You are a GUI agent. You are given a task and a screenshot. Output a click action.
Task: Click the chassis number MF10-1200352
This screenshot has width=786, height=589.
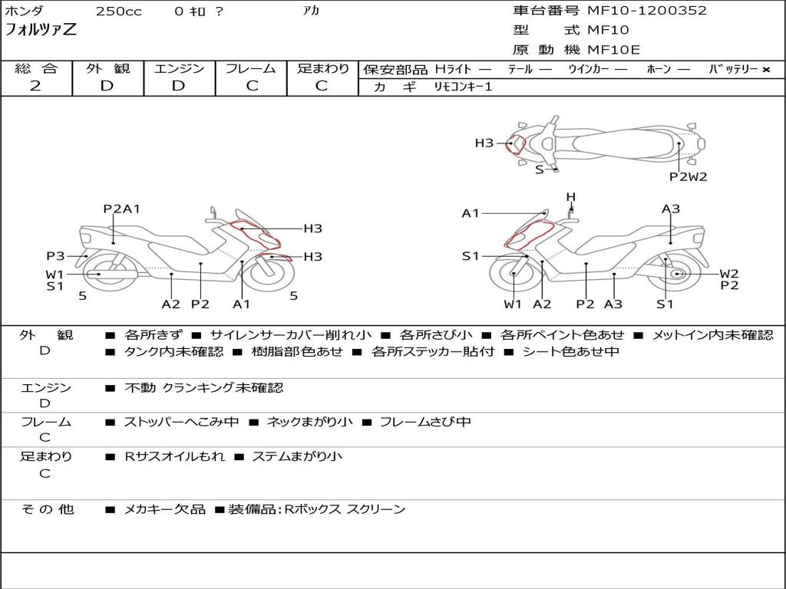[647, 11]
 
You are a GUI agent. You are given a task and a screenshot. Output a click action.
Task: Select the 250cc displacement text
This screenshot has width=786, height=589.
[118, 12]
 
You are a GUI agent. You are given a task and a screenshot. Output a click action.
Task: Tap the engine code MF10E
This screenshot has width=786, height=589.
[613, 50]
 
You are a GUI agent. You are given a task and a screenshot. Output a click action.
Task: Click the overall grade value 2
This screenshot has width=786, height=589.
[35, 86]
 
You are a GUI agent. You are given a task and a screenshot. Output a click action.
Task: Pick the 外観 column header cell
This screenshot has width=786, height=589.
[107, 68]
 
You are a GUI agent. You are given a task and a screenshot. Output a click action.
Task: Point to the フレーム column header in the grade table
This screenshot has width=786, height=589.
[251, 68]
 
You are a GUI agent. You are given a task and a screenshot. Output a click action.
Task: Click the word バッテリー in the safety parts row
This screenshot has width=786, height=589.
[733, 69]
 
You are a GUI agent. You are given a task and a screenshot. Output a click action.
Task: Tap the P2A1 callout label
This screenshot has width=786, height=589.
[121, 209]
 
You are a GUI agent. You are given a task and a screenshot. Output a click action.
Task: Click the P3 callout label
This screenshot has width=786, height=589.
[55, 256]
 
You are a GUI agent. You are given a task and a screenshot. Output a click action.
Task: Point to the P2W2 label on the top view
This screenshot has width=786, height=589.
[688, 176]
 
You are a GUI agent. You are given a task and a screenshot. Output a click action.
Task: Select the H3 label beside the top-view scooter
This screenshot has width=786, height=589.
[484, 143]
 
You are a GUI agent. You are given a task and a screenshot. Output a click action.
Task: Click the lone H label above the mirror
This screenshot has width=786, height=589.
[570, 197]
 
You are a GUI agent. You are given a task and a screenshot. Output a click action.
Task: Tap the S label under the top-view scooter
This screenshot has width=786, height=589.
[539, 169]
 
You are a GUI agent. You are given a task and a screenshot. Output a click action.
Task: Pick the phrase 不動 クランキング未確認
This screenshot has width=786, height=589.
[203, 388]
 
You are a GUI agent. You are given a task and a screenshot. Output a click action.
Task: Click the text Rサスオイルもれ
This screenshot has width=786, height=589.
[175, 456]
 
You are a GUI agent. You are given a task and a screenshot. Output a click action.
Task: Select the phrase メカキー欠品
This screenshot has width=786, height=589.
[164, 509]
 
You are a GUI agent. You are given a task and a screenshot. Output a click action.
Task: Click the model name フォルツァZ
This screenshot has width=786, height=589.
[41, 31]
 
